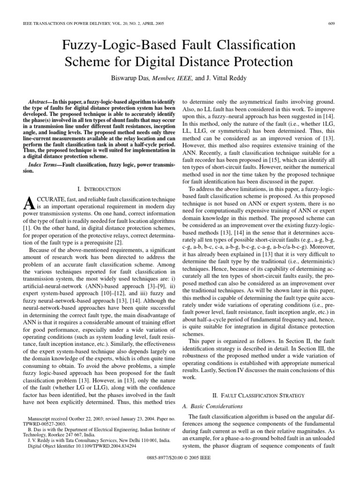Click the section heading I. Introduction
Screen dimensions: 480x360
click(98, 189)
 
